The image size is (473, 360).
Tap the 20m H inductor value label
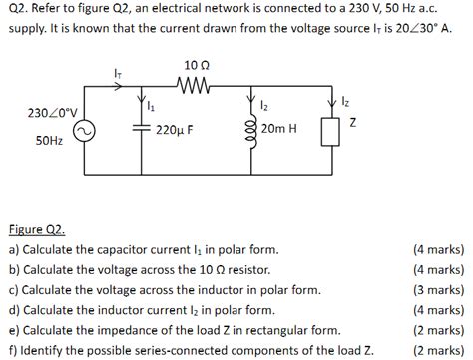(278, 130)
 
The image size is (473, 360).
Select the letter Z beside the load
(352, 122)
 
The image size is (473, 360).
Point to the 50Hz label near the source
(49, 143)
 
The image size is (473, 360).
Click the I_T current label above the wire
(118, 70)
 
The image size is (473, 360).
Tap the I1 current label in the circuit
(151, 105)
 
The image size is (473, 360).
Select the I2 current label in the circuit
(262, 105)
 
